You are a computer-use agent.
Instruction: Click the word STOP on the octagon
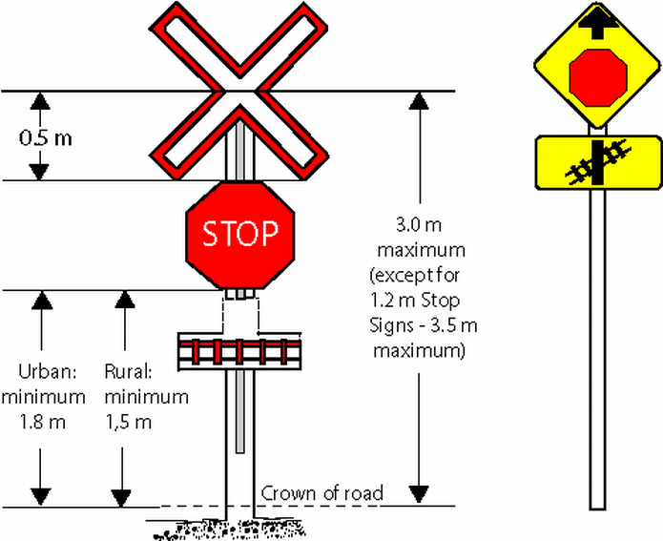(x=239, y=232)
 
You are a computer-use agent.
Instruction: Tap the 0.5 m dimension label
(x=46, y=135)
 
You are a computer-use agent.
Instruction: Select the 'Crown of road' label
(x=321, y=493)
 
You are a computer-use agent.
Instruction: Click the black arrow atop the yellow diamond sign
(x=597, y=20)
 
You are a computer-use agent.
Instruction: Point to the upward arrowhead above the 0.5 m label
(x=39, y=100)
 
